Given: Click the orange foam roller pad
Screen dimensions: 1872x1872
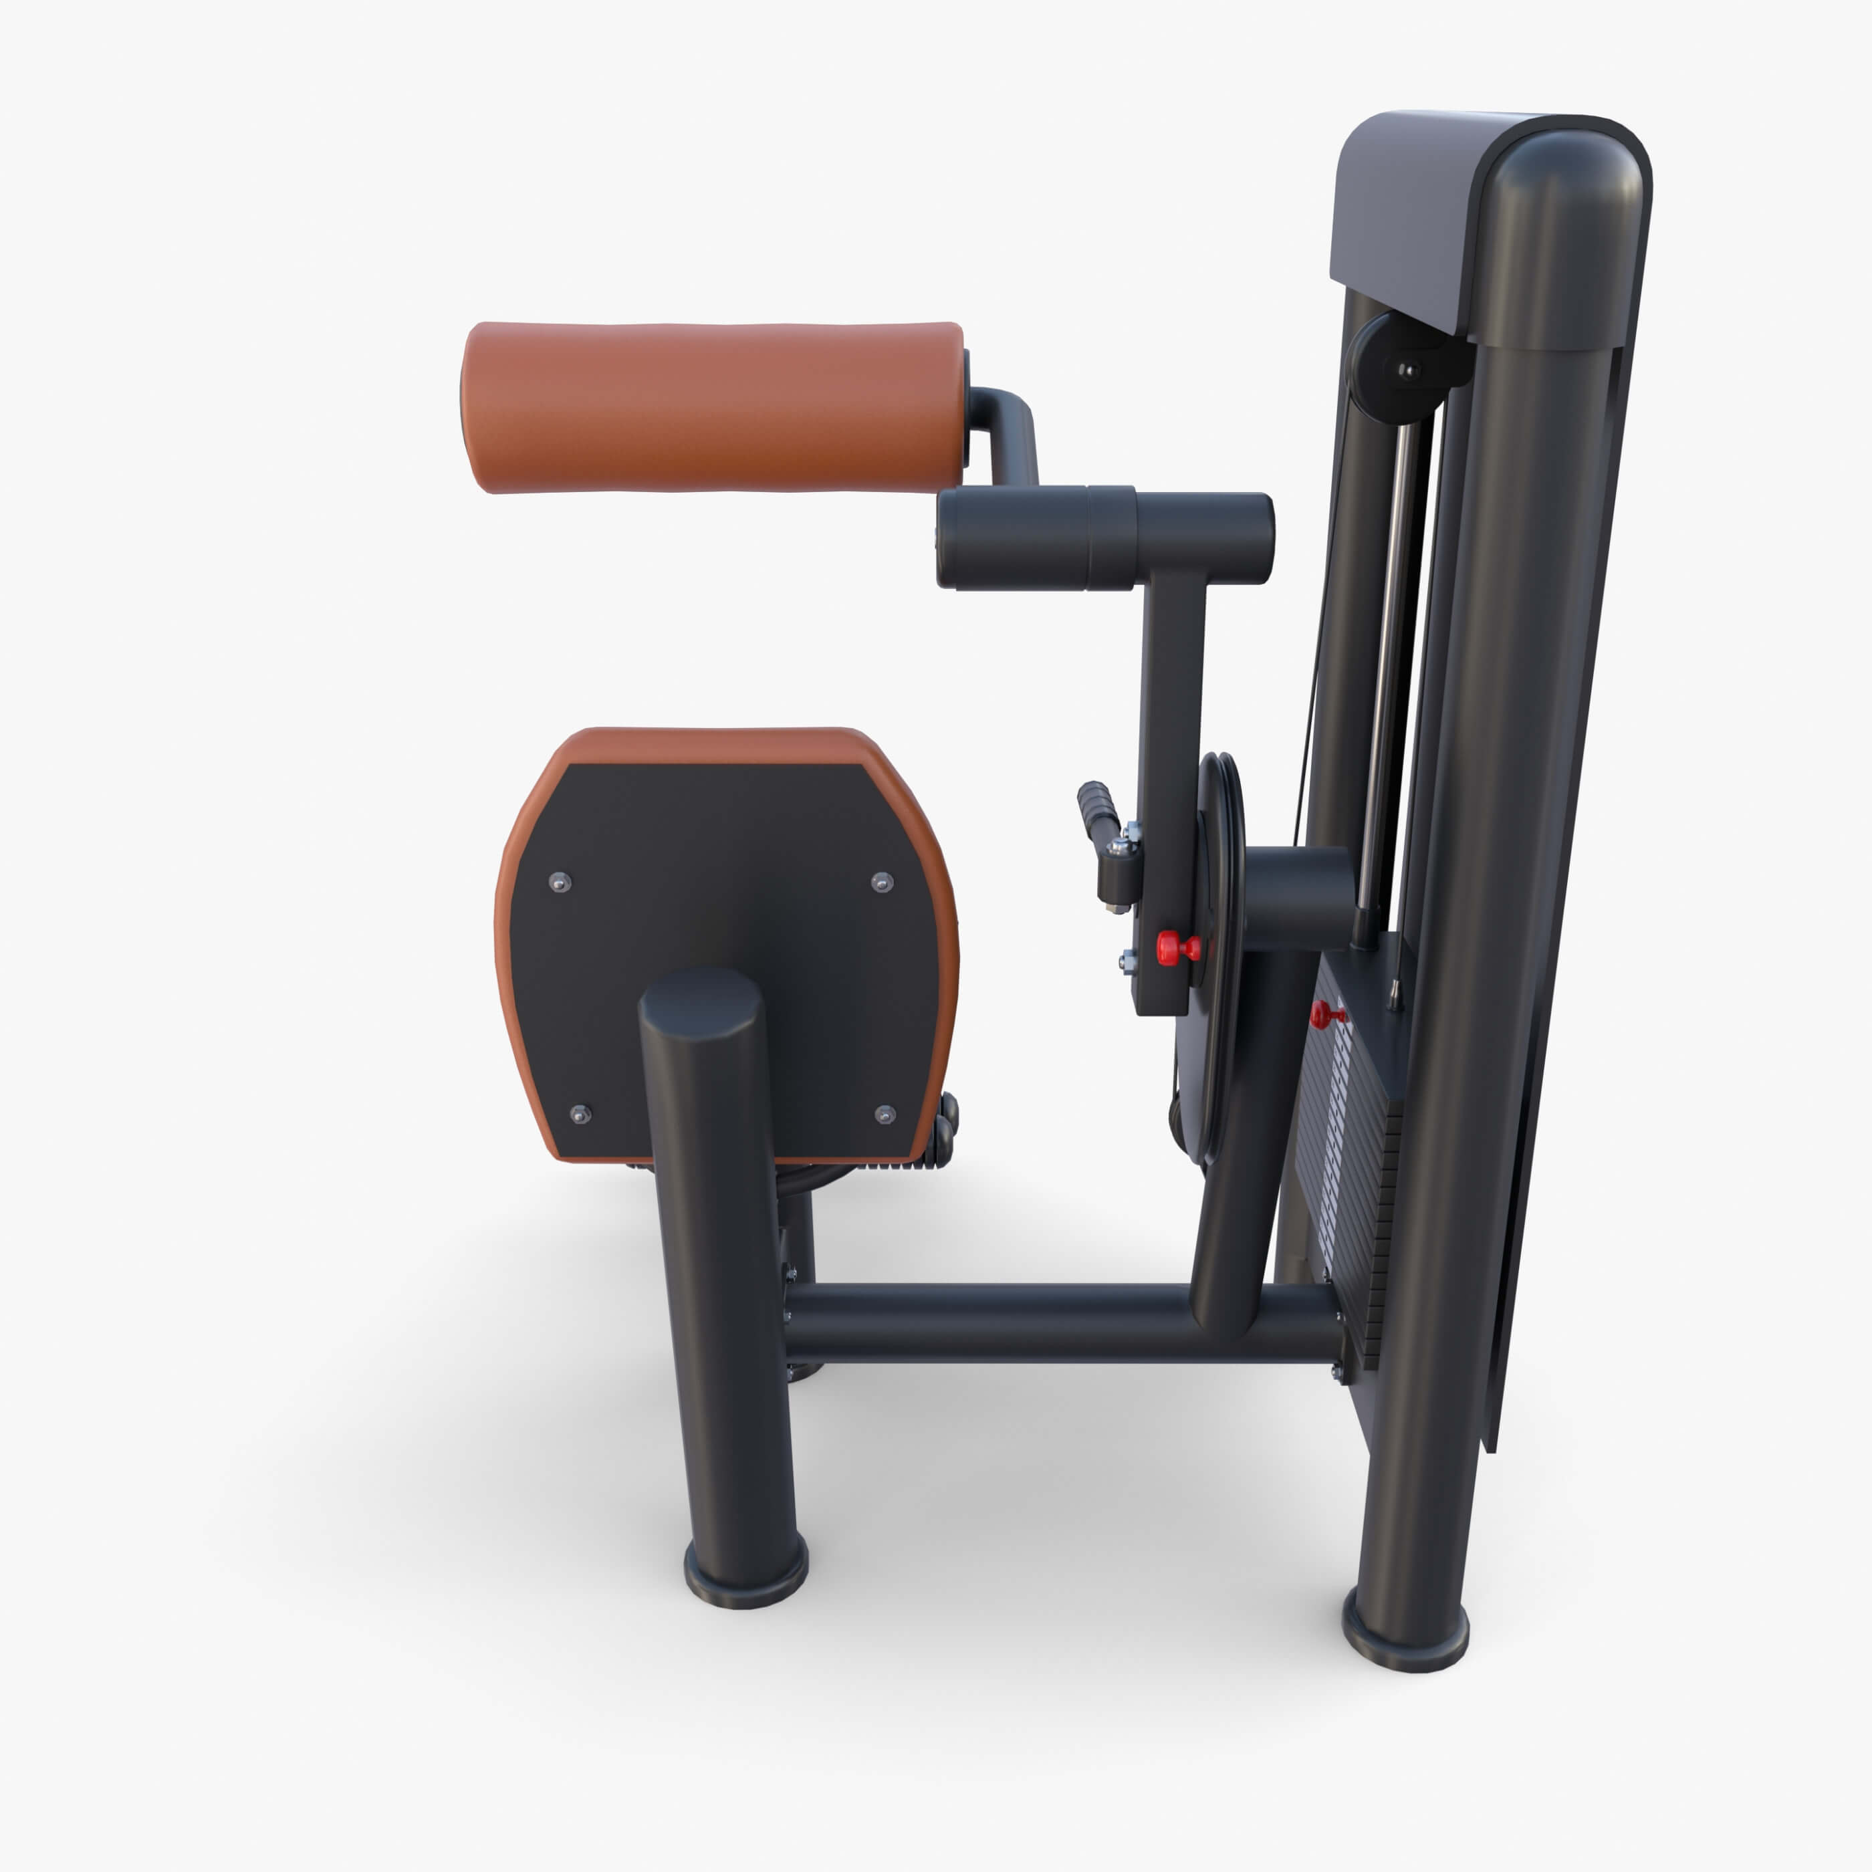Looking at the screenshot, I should pos(712,407).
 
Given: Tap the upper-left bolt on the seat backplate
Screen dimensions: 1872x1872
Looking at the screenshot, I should pos(559,882).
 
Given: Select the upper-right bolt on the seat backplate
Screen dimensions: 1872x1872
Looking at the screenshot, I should pos(882,882).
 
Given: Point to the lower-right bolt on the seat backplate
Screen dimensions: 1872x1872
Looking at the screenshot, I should pos(884,1115).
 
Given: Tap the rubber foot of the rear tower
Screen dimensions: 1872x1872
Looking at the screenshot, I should pos(1405,1637).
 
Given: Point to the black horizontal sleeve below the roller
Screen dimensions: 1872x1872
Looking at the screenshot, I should pos(1104,538).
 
